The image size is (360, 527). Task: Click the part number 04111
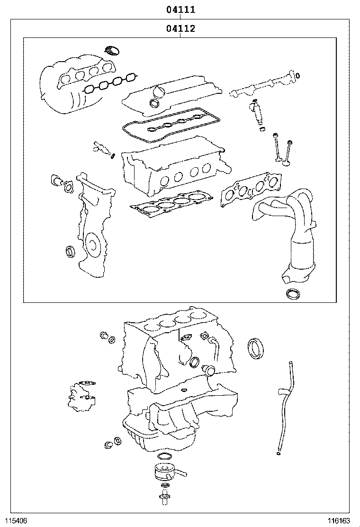(x=180, y=9)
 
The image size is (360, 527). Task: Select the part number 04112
(x=180, y=29)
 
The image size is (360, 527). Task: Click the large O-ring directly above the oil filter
(x=164, y=456)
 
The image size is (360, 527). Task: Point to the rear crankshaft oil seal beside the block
(x=256, y=348)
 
